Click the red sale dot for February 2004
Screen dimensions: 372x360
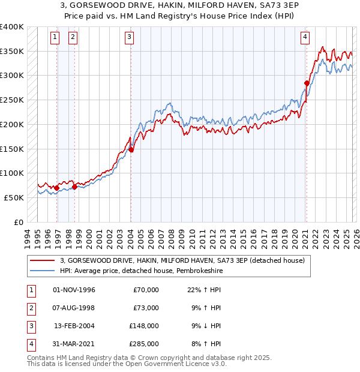(131, 150)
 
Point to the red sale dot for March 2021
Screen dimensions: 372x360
(307, 83)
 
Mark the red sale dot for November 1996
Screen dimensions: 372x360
(57, 188)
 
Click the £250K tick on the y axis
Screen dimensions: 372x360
(12, 100)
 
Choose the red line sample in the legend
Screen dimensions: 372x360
(43, 260)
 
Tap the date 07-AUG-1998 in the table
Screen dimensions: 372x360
(74, 308)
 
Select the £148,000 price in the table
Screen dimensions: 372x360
(146, 326)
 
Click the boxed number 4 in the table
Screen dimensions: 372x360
(29, 344)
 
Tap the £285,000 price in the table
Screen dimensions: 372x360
(146, 344)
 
